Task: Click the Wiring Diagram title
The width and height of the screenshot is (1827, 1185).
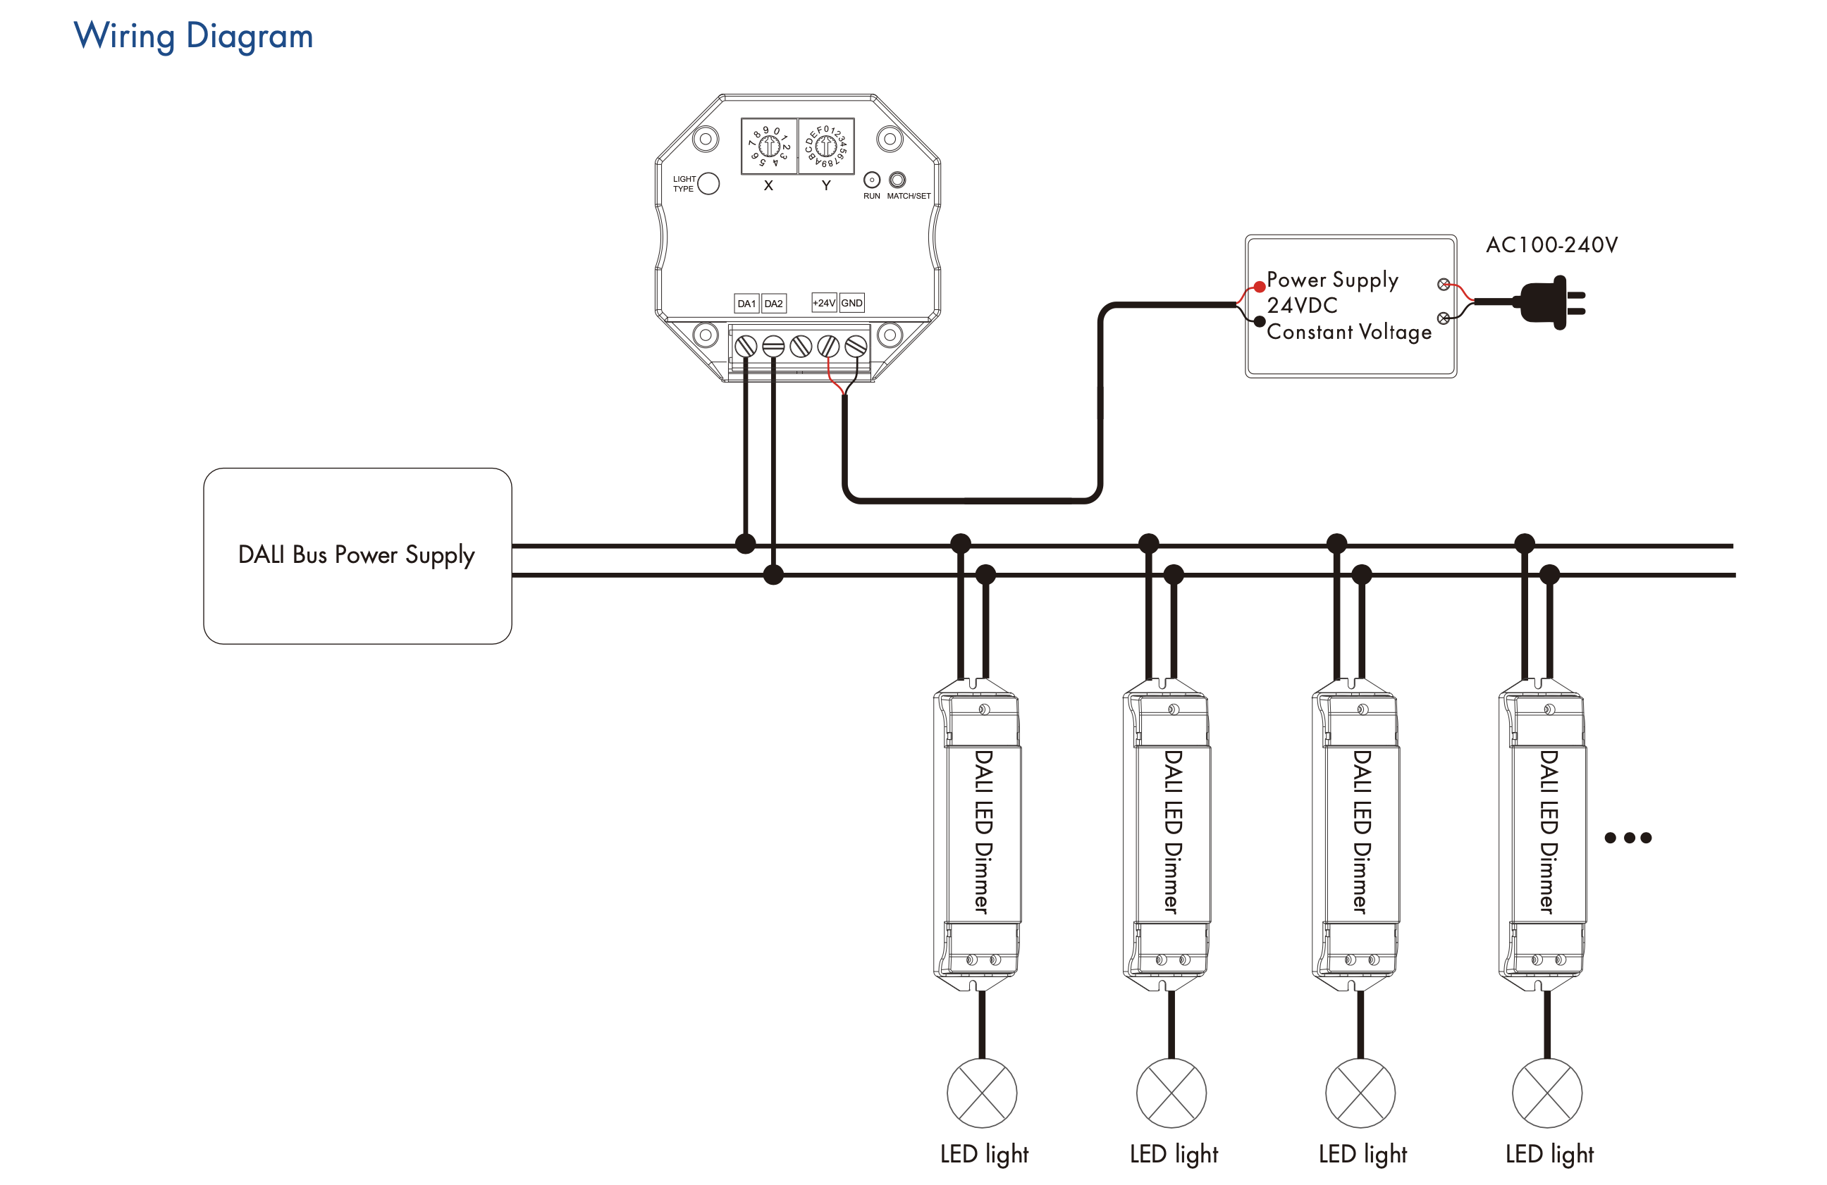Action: pos(192,37)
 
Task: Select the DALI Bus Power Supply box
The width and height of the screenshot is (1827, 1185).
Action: pos(357,556)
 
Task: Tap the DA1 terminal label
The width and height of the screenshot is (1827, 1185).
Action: pos(746,303)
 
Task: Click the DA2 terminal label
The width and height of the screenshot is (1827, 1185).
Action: pos(774,303)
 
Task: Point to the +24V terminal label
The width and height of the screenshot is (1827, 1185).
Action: pos(824,302)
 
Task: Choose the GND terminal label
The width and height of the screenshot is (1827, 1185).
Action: pos(851,302)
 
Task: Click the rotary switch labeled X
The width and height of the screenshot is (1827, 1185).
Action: pos(768,145)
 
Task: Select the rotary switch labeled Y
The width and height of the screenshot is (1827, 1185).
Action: pos(826,145)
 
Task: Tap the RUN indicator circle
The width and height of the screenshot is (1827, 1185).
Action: pos(871,180)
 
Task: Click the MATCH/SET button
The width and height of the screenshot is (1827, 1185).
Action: pos(897,180)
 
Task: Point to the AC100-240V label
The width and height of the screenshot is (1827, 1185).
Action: pos(1551,245)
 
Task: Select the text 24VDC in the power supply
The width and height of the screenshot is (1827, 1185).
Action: pos(1302,306)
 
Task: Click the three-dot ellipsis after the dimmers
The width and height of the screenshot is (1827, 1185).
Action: pos(1628,838)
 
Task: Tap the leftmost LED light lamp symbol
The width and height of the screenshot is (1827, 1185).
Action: pos(982,1093)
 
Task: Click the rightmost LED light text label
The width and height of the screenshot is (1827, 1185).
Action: pos(1549,1153)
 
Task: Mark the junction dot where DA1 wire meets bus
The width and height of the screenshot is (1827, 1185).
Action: pos(745,544)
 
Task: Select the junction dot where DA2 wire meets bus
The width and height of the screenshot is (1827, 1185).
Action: pos(773,574)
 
